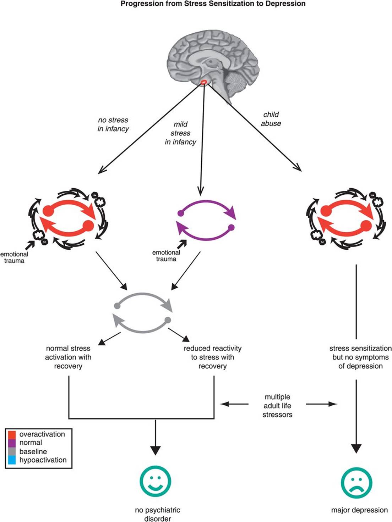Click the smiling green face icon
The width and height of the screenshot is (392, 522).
point(156,481)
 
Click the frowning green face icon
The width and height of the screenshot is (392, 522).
point(356,483)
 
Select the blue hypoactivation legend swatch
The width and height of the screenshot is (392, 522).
point(12,460)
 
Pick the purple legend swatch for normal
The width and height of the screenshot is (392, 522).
point(12,443)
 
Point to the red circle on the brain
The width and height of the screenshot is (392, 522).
point(204,83)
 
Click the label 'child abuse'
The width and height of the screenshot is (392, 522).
point(271,119)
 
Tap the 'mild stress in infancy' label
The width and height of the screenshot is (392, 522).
point(180,133)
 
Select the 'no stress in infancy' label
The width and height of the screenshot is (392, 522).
point(113,124)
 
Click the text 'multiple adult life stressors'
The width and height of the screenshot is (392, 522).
point(277,406)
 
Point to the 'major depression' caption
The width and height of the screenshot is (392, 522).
point(359,510)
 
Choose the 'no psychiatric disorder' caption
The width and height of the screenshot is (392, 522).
point(158,514)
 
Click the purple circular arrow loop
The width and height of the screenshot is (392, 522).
point(206,220)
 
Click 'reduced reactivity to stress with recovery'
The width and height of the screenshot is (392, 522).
point(212,357)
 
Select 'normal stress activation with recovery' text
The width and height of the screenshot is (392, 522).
point(68,357)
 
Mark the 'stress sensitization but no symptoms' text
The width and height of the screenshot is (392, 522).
point(360,357)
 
